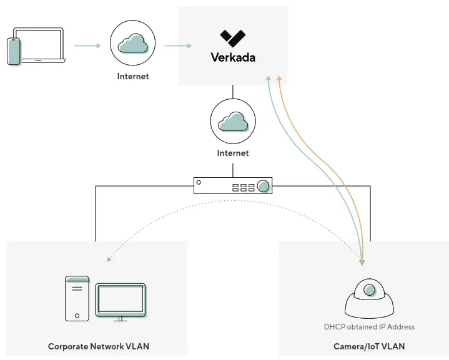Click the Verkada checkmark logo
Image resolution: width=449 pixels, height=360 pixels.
point(232,38)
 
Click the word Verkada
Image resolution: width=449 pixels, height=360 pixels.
point(232,58)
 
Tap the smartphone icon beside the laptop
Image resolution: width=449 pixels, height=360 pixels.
point(14,51)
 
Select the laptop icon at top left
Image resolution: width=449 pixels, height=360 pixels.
point(40,45)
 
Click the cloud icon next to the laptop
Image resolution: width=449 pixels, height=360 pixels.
point(132,44)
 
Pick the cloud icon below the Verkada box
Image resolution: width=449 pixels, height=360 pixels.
point(233,121)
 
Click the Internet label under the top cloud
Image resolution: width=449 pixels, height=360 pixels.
point(133,77)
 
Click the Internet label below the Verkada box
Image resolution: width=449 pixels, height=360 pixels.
point(233,153)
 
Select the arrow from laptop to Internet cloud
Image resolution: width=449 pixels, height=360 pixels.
point(87,46)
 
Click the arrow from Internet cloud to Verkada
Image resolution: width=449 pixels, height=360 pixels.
point(178,46)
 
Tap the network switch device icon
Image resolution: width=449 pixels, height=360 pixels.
point(233,185)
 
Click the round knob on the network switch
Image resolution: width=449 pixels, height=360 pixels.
point(264,185)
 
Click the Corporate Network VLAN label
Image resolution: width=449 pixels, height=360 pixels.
point(99,346)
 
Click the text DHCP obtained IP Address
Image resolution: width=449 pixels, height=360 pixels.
point(369,326)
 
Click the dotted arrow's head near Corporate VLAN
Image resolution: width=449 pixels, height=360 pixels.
point(110,258)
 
